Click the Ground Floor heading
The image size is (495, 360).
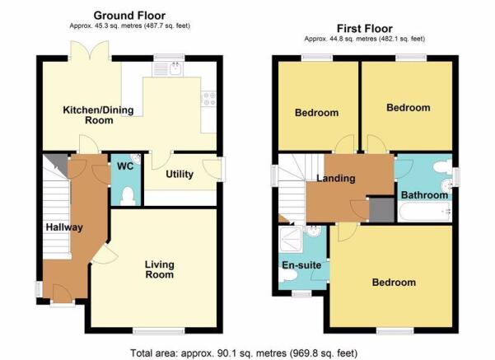pyautogui.click(x=129, y=16)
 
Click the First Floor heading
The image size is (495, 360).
pyautogui.click(x=365, y=29)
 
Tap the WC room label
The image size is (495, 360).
pyautogui.click(x=125, y=166)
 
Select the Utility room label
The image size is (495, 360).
pyautogui.click(x=180, y=174)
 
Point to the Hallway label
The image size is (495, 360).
pyautogui.click(x=64, y=227)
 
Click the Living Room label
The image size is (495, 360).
pyautogui.click(x=160, y=269)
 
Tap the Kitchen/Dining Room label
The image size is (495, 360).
pyautogui.click(x=99, y=115)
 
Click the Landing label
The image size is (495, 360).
pyautogui.click(x=336, y=178)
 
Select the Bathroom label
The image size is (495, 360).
pyautogui.click(x=424, y=195)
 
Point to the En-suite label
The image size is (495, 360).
pyautogui.click(x=301, y=265)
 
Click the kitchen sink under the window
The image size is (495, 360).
pyautogui.click(x=168, y=69)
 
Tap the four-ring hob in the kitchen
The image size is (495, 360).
pyautogui.click(x=208, y=98)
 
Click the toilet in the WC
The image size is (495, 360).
pyautogui.click(x=128, y=196)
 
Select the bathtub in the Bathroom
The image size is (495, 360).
pyautogui.click(x=425, y=213)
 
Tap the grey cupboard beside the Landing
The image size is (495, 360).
pyautogui.click(x=382, y=210)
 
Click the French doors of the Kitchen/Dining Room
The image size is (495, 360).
pyautogui.click(x=91, y=50)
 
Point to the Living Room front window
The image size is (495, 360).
pyautogui.click(x=159, y=331)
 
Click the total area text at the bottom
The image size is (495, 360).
pyautogui.click(x=244, y=353)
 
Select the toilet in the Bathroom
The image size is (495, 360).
pyautogui.click(x=443, y=166)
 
